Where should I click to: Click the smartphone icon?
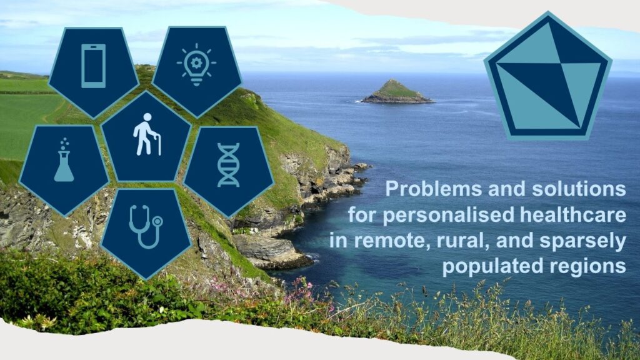pyautogui.click(x=94, y=66)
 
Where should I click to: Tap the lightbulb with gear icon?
pyautogui.click(x=196, y=64)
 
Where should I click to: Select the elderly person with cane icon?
pyautogui.click(x=146, y=134)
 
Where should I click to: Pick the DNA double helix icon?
pyautogui.click(x=228, y=165)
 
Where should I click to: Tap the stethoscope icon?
pyautogui.click(x=146, y=227)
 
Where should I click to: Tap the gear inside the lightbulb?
pyautogui.click(x=196, y=63)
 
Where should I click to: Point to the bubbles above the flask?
pyautogui.click(x=64, y=144)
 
